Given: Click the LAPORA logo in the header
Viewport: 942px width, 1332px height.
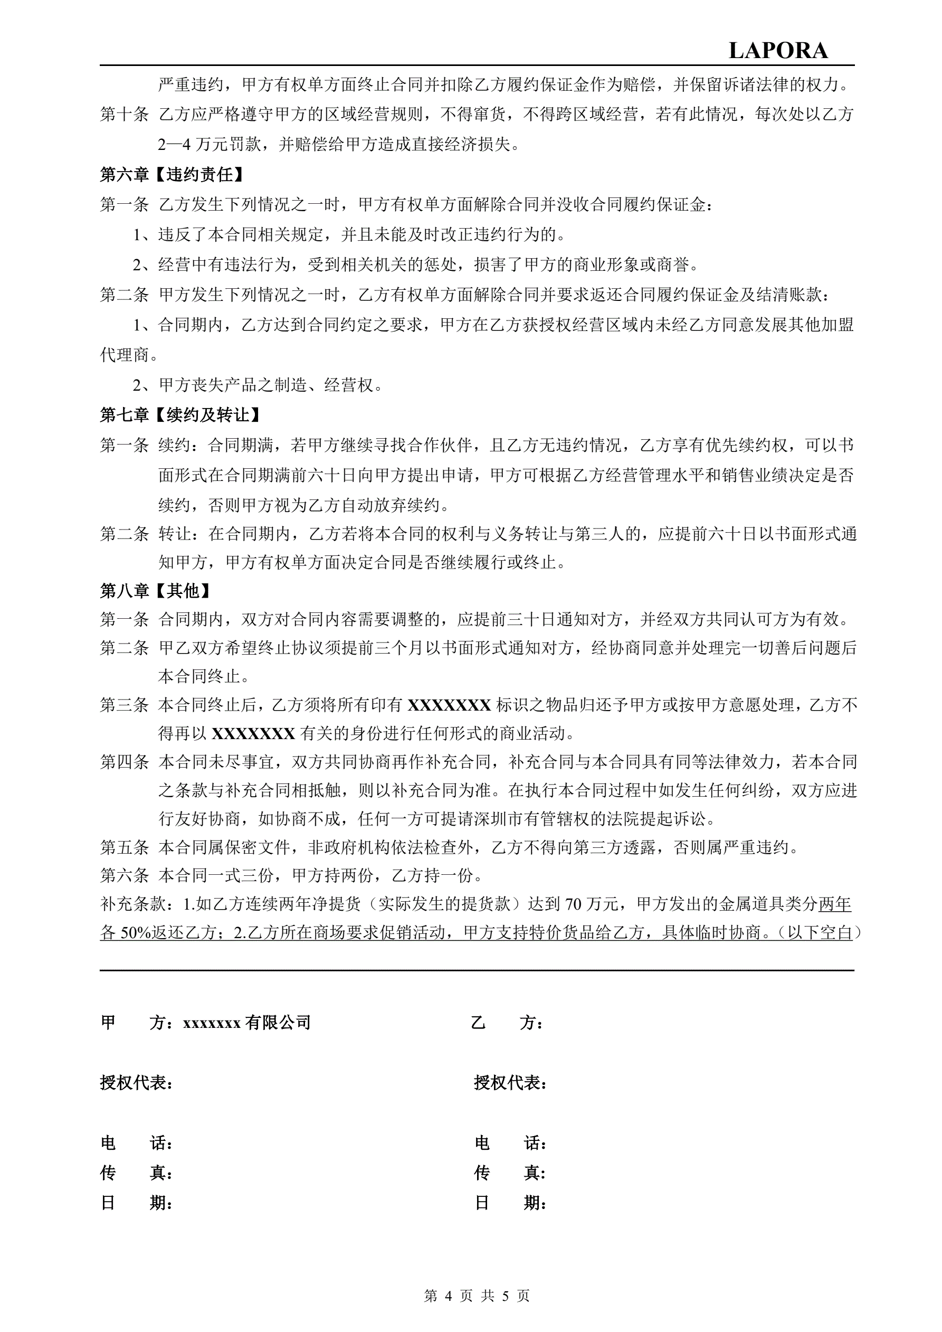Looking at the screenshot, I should click(x=777, y=51).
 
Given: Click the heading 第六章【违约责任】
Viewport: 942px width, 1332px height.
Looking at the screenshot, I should click(x=172, y=174).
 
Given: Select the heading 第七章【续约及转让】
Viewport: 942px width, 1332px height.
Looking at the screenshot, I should click(x=180, y=414).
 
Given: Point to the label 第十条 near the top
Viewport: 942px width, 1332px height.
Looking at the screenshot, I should click(x=124, y=114).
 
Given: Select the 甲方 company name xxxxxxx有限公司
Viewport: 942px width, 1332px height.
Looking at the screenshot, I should click(x=247, y=1022).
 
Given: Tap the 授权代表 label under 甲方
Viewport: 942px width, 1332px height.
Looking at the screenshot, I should click(x=136, y=1082).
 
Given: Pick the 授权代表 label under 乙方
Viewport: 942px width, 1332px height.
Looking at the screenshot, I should click(x=510, y=1082).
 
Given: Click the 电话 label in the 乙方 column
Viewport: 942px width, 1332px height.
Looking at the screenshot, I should click(x=510, y=1143).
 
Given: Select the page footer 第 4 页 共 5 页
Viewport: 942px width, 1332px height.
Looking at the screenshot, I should click(x=477, y=1296).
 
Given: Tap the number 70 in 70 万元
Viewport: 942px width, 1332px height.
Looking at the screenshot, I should click(x=573, y=903).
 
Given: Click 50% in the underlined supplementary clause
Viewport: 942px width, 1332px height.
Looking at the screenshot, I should click(x=135, y=932).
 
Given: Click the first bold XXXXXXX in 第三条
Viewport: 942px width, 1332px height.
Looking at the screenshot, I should click(x=450, y=705).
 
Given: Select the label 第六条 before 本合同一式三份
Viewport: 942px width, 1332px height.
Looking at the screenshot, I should click(x=124, y=875).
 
